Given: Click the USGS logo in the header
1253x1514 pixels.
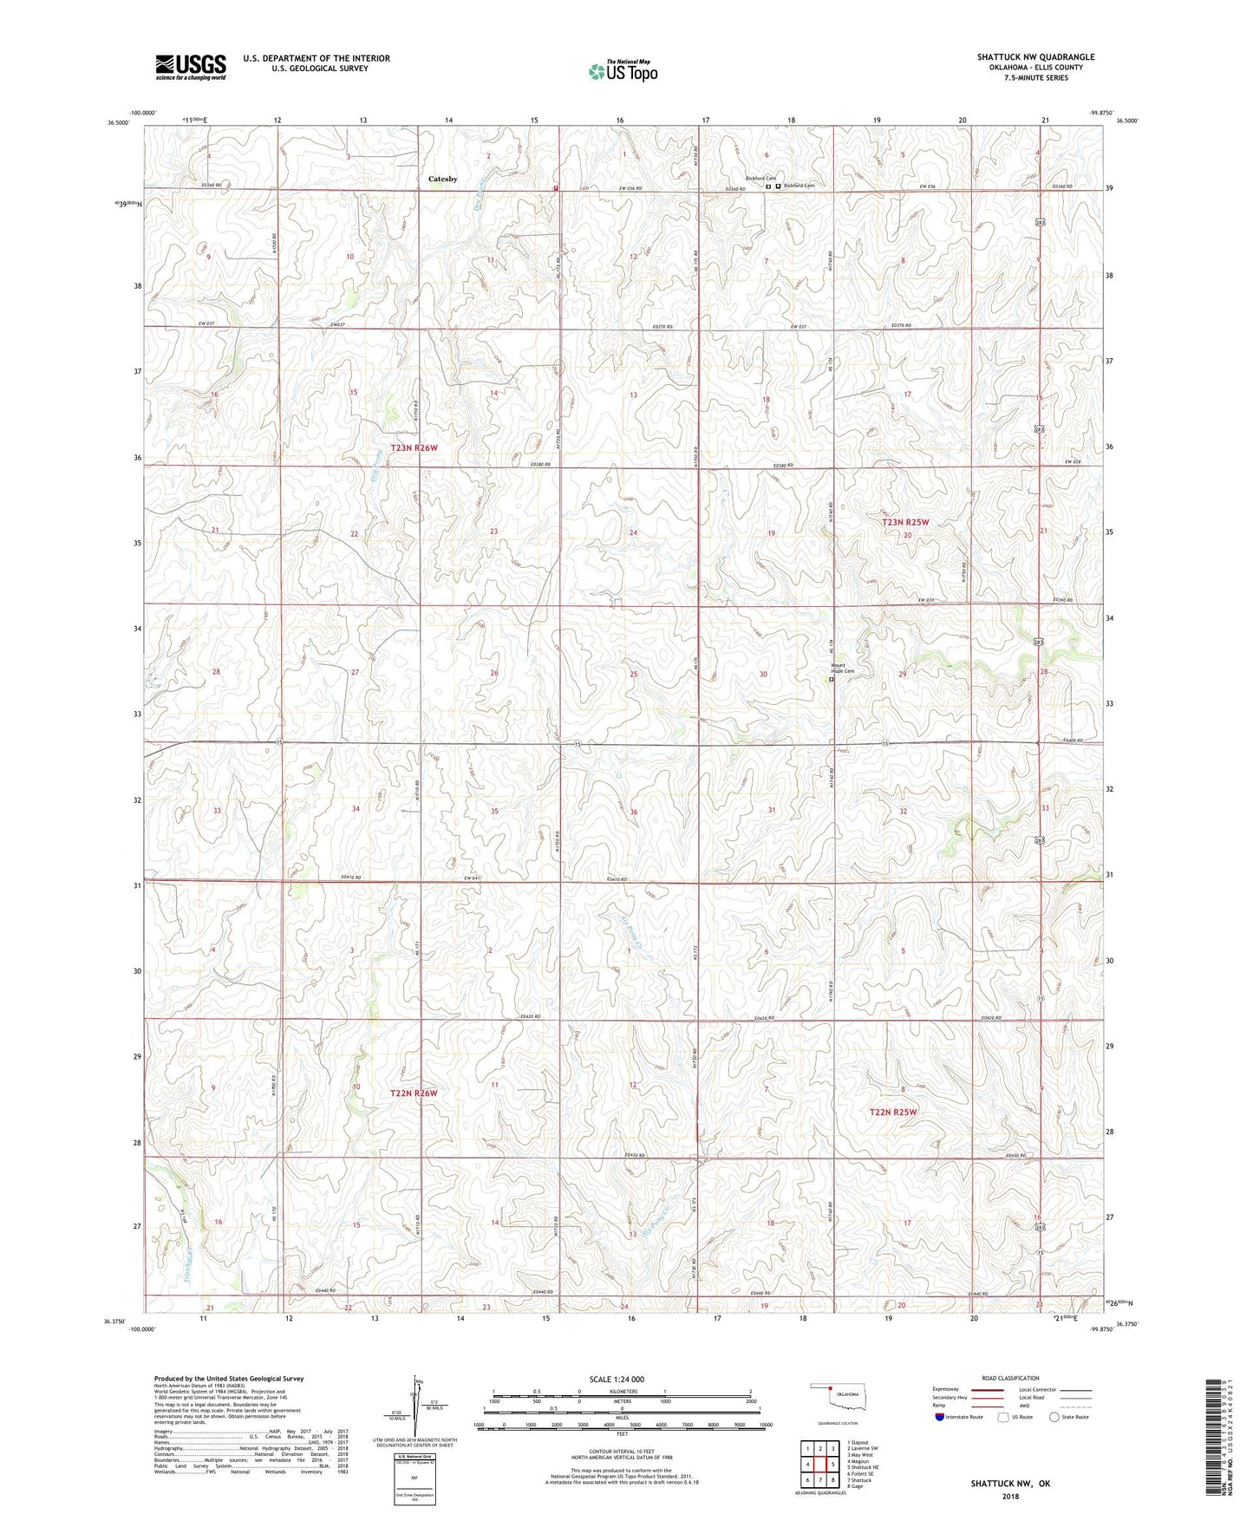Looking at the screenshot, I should (x=190, y=67).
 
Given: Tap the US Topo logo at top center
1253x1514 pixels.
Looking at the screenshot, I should (x=623, y=71).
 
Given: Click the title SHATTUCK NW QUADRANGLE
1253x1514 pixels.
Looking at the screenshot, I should (x=1035, y=57).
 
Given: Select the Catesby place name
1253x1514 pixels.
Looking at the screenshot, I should (x=442, y=179).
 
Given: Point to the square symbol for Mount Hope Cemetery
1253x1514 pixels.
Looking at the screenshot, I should (x=832, y=680).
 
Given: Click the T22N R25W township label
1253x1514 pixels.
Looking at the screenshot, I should (x=893, y=1112).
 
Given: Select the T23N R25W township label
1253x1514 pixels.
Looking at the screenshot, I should (x=905, y=522).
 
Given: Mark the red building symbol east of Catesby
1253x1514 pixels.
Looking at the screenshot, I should (x=555, y=186).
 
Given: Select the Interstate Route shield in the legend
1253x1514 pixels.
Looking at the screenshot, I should (x=940, y=1417).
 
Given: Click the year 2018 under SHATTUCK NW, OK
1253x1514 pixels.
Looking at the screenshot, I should (x=1010, y=1496).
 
